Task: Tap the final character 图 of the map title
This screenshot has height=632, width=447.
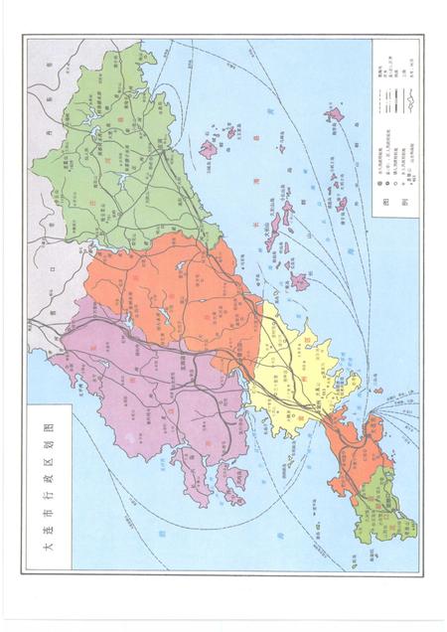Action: click(x=47, y=423)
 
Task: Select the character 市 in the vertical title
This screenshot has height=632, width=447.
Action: click(x=47, y=525)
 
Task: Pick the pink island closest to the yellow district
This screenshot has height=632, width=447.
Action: click(x=299, y=282)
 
